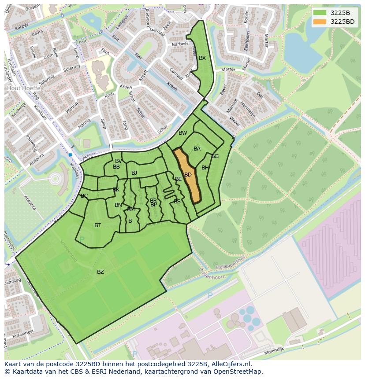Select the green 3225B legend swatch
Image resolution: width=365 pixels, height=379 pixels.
[320, 13]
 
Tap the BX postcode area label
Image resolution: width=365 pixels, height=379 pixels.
[202, 58]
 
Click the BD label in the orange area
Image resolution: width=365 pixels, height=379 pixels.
[188, 175]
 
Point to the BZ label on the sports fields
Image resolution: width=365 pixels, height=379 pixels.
[101, 272]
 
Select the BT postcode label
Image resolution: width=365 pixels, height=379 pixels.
[97, 225]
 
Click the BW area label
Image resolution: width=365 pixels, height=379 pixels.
[183, 133]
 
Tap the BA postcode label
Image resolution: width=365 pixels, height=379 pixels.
[197, 149]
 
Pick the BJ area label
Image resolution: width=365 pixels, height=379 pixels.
[134, 173]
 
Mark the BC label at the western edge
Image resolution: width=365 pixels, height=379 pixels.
[84, 196]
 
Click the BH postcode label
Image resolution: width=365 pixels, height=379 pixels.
[205, 168]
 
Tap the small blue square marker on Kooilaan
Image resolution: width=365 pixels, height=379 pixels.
[70, 155]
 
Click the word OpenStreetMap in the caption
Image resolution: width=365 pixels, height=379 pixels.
[241, 372]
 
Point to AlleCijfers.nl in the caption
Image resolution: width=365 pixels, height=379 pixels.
[231, 364]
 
